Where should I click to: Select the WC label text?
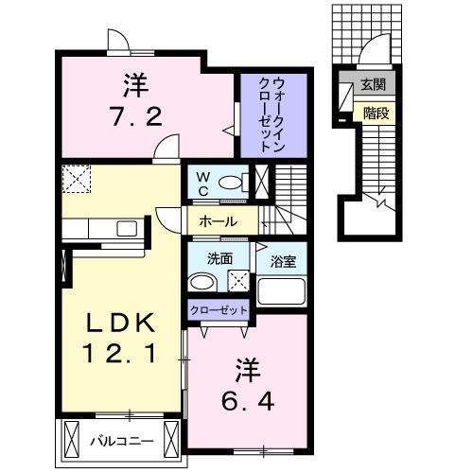point(201,182)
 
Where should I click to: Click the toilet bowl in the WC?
point(230,181)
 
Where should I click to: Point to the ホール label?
point(218,221)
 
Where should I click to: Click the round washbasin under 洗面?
point(201,282)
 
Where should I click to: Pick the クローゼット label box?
point(219,310)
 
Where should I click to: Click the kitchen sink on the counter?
point(125,227)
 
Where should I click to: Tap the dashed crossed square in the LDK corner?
point(75,178)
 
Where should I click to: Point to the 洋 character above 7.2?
point(134,84)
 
